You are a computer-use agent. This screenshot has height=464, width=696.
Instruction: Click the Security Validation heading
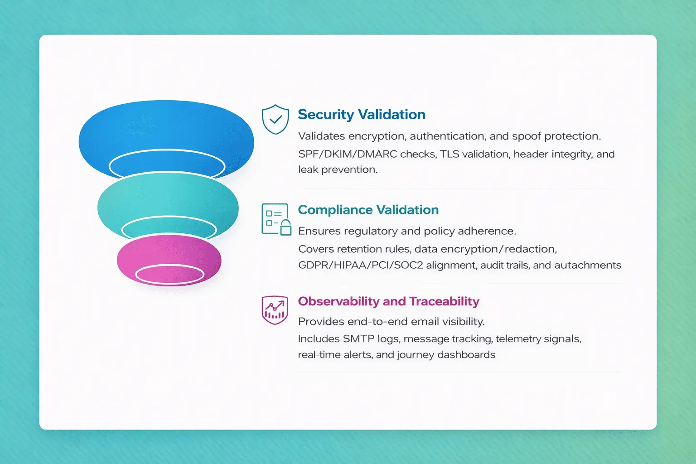[361, 115]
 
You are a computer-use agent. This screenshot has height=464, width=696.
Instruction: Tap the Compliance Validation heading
[368, 210]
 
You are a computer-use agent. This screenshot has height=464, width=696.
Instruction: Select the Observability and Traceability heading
[388, 301]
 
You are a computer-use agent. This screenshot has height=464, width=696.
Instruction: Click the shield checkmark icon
[275, 120]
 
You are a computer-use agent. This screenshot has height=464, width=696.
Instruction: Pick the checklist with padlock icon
[276, 219]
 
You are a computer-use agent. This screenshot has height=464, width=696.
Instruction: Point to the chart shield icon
[275, 310]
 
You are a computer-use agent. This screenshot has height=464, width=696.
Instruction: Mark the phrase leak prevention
[337, 170]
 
